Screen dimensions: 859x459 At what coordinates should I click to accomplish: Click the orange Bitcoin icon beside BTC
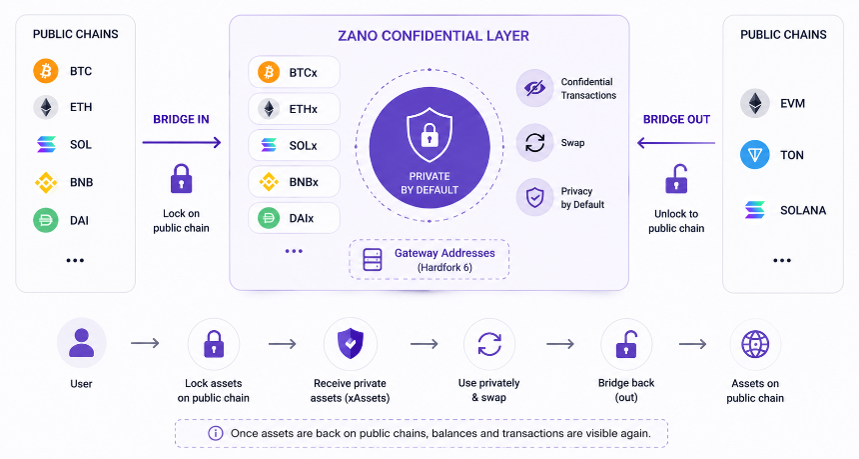[x=46, y=71]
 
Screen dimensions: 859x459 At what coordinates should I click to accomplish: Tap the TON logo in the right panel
[x=755, y=155]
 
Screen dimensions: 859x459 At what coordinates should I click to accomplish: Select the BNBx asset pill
[x=295, y=182]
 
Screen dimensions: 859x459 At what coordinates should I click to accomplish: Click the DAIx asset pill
[x=295, y=218]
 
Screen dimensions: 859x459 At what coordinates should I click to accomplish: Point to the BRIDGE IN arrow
[x=182, y=143]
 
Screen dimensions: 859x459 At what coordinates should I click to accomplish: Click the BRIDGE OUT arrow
[x=676, y=143]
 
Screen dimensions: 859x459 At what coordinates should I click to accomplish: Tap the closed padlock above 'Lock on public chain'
[x=182, y=179]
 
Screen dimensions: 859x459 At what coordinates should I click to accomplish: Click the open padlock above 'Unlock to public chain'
[x=676, y=179]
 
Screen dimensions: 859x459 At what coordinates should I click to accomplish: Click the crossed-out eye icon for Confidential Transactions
[x=534, y=88]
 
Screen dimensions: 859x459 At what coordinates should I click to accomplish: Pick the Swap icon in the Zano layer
[x=534, y=143]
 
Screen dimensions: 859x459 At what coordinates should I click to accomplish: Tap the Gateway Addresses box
[x=429, y=259]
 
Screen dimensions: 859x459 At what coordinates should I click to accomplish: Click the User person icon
[x=82, y=343]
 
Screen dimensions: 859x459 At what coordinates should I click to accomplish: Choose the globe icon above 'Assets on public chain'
[x=755, y=344]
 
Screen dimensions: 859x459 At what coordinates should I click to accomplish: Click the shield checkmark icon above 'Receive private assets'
[x=351, y=344]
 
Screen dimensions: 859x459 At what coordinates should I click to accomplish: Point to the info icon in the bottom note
[x=216, y=433]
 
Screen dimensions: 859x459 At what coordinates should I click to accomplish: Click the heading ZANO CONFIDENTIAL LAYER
[x=433, y=36]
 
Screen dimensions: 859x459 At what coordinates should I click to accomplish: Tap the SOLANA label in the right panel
[x=803, y=210]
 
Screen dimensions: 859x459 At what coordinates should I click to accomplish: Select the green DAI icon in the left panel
[x=46, y=220]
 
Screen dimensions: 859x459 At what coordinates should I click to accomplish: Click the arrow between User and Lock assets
[x=145, y=343]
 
